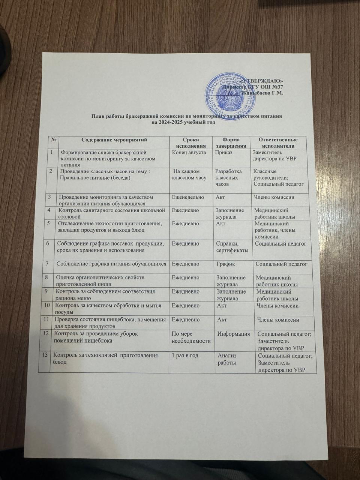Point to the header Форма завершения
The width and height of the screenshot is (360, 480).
pyautogui.click(x=231, y=143)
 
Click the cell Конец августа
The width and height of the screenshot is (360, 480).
pyautogui.click(x=189, y=153)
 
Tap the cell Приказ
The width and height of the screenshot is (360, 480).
pyautogui.click(x=223, y=153)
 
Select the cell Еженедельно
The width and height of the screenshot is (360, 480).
pyautogui.click(x=188, y=197)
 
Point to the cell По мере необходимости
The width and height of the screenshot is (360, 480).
pyautogui.click(x=190, y=337)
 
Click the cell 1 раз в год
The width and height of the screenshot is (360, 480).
pyautogui.click(x=184, y=355)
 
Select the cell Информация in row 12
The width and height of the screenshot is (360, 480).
pyautogui.click(x=234, y=334)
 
